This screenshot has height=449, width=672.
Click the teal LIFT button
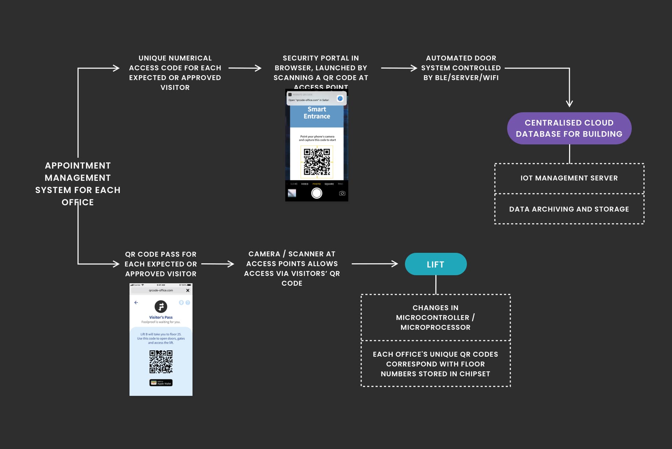pyautogui.click(x=435, y=264)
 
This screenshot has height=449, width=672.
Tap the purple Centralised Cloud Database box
pyautogui.click(x=569, y=128)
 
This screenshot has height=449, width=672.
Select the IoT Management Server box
pyautogui.click(x=569, y=178)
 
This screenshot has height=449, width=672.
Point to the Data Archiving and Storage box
pyautogui.click(x=569, y=209)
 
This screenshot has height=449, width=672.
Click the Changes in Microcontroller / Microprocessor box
pyautogui.click(x=435, y=318)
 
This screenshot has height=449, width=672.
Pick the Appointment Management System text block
pyautogui.click(x=78, y=184)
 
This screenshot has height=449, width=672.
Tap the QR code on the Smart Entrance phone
pyautogui.click(x=317, y=162)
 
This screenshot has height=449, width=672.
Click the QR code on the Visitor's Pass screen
pyautogui.click(x=161, y=362)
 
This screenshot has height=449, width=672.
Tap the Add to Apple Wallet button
pyautogui.click(x=161, y=383)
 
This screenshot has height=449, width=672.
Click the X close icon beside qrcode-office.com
pyautogui.click(x=188, y=291)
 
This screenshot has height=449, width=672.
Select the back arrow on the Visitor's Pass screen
pyautogui.click(x=136, y=302)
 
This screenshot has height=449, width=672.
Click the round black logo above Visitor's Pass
pyautogui.click(x=161, y=307)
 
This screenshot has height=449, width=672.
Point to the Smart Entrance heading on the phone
pyautogui.click(x=317, y=113)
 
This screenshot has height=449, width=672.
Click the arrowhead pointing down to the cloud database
pyautogui.click(x=569, y=103)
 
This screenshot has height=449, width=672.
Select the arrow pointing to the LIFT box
pyautogui.click(x=374, y=264)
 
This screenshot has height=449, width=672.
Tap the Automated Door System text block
pyautogui.click(x=461, y=68)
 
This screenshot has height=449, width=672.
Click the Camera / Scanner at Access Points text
pyautogui.click(x=292, y=269)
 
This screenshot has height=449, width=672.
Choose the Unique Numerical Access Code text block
pyautogui.click(x=175, y=73)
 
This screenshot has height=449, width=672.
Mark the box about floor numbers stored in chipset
pyautogui.click(x=435, y=364)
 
